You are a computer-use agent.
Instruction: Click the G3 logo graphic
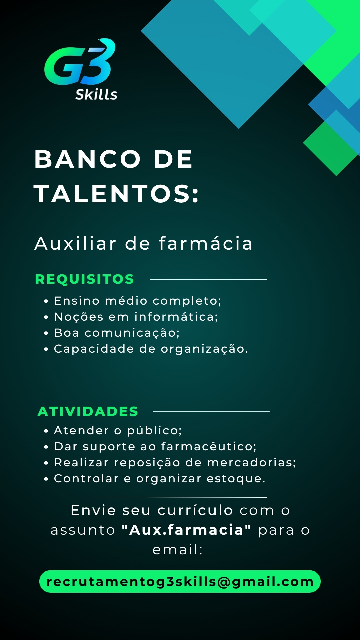click(x=80, y=62)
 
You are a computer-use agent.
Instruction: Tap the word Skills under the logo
click(x=96, y=95)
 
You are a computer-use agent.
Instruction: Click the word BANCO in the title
click(x=88, y=159)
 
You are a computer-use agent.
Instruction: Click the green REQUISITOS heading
click(x=84, y=279)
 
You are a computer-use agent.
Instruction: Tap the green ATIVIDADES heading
click(x=88, y=412)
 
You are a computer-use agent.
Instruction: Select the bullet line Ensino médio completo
click(x=137, y=301)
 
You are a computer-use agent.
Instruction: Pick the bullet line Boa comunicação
click(x=117, y=333)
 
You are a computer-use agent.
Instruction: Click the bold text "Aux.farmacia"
click(x=186, y=530)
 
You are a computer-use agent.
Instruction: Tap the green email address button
click(x=180, y=581)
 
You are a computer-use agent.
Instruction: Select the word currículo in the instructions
click(x=195, y=510)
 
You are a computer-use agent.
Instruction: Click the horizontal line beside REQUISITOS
click(x=209, y=279)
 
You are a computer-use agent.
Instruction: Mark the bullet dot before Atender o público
click(x=46, y=431)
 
